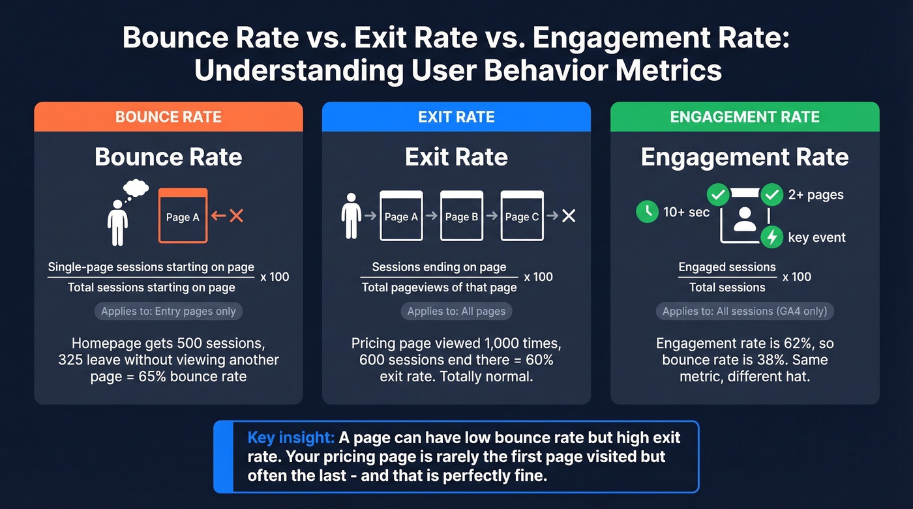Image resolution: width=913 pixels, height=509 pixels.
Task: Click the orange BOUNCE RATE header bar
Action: coord(168,117)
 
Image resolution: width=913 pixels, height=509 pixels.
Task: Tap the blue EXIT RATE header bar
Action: coord(456,117)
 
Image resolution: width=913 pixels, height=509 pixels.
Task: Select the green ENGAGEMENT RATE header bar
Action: coord(745,117)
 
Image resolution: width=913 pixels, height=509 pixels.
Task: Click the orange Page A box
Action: coord(183,216)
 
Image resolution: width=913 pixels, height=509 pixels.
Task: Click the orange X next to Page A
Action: coord(236,216)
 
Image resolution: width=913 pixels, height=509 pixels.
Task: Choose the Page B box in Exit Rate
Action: coord(462,216)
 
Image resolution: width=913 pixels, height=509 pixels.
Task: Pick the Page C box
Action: coord(522,216)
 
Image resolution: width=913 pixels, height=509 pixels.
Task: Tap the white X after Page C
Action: coord(569,216)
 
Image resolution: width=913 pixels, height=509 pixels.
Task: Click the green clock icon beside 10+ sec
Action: coord(647,212)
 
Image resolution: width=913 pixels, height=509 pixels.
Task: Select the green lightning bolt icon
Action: coord(772,237)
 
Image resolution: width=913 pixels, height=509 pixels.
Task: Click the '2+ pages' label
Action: coord(816,195)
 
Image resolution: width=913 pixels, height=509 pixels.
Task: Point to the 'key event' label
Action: coord(816,238)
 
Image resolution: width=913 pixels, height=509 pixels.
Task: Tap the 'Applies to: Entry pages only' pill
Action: coord(168,311)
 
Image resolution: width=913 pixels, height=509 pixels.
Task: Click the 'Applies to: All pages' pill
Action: coord(456,311)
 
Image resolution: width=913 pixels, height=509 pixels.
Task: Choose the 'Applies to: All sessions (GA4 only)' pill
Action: coord(745,311)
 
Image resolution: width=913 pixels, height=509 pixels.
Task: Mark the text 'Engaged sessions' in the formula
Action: coord(727,267)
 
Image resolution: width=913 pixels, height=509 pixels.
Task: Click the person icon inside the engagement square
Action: coord(744,220)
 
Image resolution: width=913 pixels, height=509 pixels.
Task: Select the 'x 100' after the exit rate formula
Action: coord(538,276)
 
